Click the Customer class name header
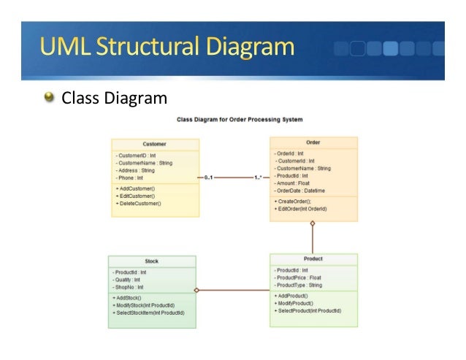click(154, 144)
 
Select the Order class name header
click(313, 142)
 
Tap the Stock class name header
click(152, 261)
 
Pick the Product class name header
click(313, 258)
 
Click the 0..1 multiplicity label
click(209, 177)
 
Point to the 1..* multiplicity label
click(259, 177)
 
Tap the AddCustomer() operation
click(135, 189)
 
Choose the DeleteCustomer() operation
click(138, 204)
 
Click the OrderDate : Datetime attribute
click(300, 191)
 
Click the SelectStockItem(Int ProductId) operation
click(148, 313)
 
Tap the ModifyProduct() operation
click(294, 303)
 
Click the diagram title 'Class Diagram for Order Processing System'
click(240, 119)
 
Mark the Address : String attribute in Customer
click(135, 170)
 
